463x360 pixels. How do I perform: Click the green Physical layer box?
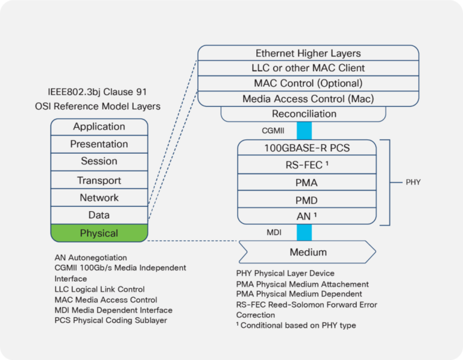(99, 233)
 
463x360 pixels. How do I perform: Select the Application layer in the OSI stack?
(99, 127)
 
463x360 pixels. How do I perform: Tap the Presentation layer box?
(99, 144)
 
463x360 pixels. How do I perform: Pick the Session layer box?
(99, 162)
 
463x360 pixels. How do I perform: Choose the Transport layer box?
(99, 180)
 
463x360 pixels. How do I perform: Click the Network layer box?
(99, 198)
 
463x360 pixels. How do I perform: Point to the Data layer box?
(99, 215)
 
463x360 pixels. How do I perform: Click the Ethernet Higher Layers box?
(308, 54)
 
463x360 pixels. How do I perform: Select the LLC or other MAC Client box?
(308, 68)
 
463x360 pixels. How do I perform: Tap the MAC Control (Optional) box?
(308, 83)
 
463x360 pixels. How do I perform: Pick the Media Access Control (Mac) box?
(308, 99)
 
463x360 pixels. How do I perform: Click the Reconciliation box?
(304, 114)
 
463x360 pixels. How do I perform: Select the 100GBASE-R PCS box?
(307, 148)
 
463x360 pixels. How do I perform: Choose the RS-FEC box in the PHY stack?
(307, 165)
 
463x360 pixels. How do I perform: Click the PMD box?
(307, 200)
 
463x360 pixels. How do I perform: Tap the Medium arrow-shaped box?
(308, 252)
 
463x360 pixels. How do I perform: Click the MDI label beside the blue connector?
(274, 232)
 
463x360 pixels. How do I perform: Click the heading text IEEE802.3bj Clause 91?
(98, 92)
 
